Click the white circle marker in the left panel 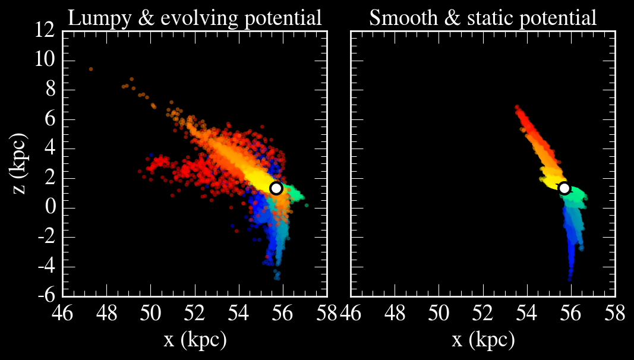pos(276,188)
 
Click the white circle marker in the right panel pos(564,188)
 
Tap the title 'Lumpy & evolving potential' pos(195,18)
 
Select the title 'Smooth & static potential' pos(482,18)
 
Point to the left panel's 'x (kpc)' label pos(195,340)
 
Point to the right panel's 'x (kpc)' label pos(482,340)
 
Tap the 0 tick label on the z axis pos(50,207)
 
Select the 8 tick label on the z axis pos(50,90)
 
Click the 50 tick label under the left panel pos(151,312)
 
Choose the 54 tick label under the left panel pos(239,312)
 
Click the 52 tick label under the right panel pos(482,312)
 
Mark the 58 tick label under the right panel pos(614,312)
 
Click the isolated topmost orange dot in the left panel pos(91,69)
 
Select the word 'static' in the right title pos(489,18)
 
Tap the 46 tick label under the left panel pos(63,312)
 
